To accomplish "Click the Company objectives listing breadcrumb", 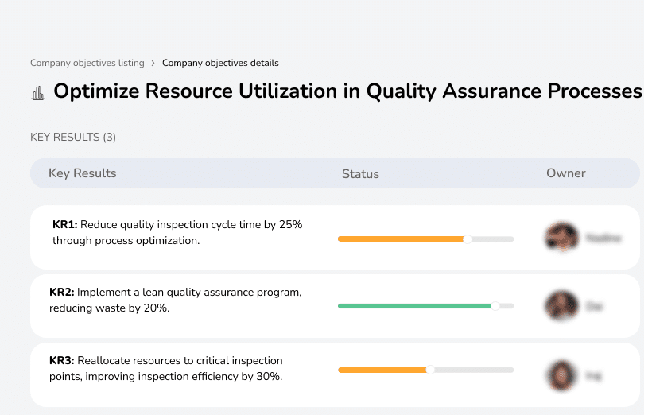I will point(87,63).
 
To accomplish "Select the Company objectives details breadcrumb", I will point(220,63).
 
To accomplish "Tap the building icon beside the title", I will point(38,93).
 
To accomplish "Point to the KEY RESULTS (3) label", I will point(73,138).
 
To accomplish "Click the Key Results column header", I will point(83,173).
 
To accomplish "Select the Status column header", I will point(360,173).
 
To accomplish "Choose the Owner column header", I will point(566,173).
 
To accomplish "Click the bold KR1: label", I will point(65,225).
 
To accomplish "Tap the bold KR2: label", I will point(62,293).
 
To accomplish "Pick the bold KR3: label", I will point(62,361).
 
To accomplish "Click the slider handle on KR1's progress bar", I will point(468,239).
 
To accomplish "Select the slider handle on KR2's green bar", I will point(495,306).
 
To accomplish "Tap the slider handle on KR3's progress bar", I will point(431,370).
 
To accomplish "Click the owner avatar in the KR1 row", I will point(560,237).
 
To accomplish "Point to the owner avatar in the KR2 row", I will point(561,305).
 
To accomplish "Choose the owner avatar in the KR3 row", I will point(561,374).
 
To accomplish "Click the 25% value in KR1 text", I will point(290,225).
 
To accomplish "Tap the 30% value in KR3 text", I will point(269,376).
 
